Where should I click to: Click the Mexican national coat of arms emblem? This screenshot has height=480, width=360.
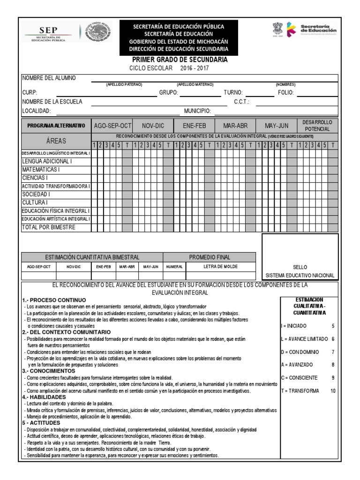(98, 34)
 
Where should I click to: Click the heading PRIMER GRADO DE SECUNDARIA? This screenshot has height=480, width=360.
(180, 60)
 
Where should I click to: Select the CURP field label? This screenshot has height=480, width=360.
(30, 93)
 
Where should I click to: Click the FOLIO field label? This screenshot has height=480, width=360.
(285, 93)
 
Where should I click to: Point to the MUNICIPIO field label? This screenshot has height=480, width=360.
(197, 111)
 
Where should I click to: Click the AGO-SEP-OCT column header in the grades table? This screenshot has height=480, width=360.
(112, 126)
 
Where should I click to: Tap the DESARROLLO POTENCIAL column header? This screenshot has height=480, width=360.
(317, 125)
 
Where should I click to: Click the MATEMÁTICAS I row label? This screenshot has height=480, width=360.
(41, 169)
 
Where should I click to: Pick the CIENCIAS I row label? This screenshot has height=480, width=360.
(35, 178)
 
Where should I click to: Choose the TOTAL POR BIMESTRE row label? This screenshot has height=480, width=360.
(48, 227)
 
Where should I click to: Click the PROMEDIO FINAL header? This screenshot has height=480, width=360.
(210, 257)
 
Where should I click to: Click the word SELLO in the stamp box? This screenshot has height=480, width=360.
(300, 267)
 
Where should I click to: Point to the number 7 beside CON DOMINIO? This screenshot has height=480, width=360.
(333, 352)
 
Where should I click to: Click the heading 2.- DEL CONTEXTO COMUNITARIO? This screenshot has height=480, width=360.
(61, 332)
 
